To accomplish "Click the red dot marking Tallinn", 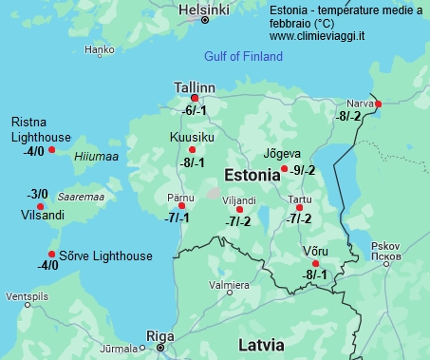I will point(195,98).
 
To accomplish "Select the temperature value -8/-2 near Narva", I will point(348,116).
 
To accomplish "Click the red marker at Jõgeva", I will point(285,169).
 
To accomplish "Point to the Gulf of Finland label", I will point(244,57).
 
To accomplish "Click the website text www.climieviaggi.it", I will point(318,36).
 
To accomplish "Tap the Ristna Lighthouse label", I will point(40,129).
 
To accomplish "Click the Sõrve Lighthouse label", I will point(105,256).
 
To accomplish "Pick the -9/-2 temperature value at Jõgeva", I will point(304,171).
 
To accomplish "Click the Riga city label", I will point(159,335).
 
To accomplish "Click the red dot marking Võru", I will point(316,263).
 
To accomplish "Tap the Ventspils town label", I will point(26,296).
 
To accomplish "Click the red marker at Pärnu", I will point(181,205).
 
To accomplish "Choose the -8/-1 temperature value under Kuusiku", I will point(192,162).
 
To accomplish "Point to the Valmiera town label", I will point(229,285).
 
